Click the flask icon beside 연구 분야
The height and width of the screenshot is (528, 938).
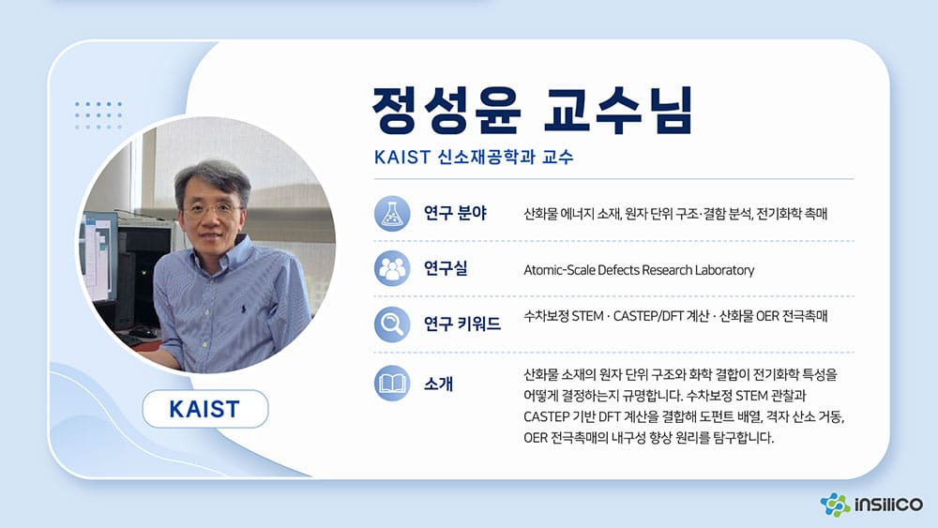[x=392, y=214]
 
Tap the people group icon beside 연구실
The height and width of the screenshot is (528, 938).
[x=392, y=268]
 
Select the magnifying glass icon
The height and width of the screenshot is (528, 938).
[x=392, y=324]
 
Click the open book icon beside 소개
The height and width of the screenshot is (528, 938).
[x=392, y=383]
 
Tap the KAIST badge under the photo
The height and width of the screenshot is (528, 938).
[x=205, y=409]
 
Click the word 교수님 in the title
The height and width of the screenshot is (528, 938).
[x=618, y=111]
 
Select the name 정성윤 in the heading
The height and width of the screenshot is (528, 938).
[x=446, y=111]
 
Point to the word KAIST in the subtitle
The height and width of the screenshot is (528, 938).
[x=402, y=158]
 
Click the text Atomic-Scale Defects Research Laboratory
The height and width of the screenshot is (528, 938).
[x=639, y=270]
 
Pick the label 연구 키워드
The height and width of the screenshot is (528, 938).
[x=462, y=324]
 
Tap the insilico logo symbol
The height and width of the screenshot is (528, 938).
[x=835, y=505]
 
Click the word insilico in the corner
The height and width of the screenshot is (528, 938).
[x=889, y=505]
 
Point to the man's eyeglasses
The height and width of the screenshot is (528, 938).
[x=212, y=210]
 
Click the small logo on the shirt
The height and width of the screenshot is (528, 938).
[x=243, y=309]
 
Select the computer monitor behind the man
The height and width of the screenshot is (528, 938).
[x=98, y=256]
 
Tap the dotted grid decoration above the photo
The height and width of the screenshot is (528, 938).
[x=98, y=115]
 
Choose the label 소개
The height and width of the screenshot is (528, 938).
[x=438, y=384]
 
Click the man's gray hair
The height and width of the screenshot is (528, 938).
[x=212, y=176]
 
